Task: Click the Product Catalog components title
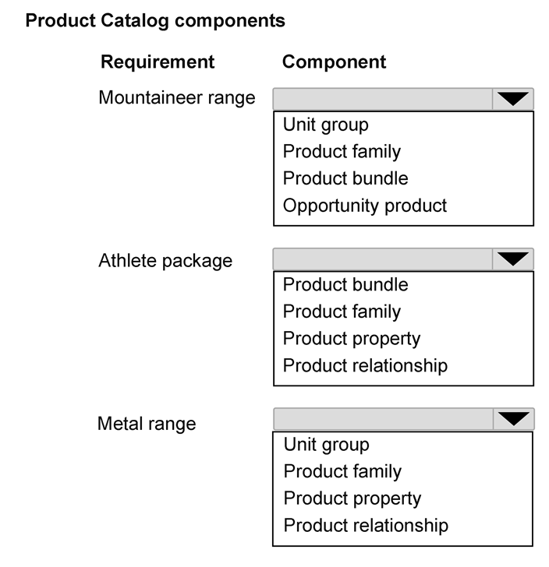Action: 155,21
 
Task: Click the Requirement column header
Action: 158,62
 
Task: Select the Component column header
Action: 334,62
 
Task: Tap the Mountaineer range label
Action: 177,98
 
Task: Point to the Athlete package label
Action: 165,261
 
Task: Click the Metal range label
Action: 147,424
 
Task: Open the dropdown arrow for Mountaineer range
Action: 513,99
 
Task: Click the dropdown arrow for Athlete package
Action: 513,259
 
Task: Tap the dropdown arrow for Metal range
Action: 513,419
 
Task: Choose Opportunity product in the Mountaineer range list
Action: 365,206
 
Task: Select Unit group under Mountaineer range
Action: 325,125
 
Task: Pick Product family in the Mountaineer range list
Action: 342,152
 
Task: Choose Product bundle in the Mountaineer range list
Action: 345,178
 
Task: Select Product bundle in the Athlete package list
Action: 345,285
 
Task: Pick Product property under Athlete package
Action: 352,340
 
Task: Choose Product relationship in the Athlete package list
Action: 365,365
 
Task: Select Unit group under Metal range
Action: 326,445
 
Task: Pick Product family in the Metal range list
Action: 342,471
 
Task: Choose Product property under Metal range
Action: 352,499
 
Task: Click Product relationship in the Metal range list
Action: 366,526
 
